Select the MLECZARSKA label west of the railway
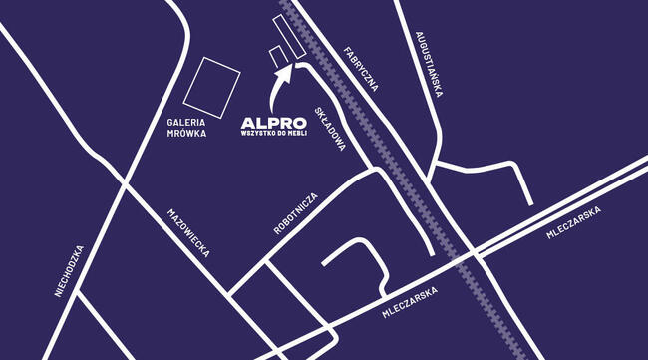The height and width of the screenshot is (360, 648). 413,310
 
